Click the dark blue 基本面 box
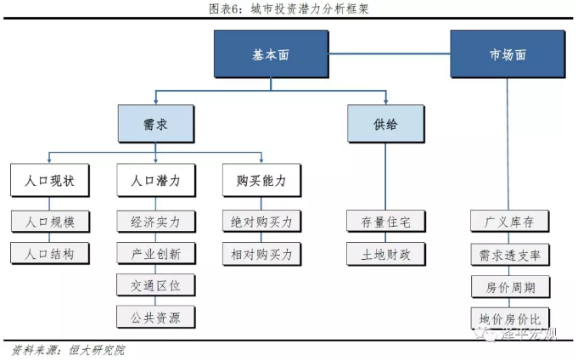pyautogui.click(x=270, y=53)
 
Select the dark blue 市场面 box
pyautogui.click(x=508, y=53)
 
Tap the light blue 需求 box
pyautogui.click(x=154, y=124)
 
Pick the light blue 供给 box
pyautogui.click(x=385, y=124)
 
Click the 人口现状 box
pyautogui.click(x=50, y=181)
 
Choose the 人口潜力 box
pyautogui.click(x=154, y=181)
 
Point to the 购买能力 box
pyautogui.click(x=261, y=181)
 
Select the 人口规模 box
pyautogui.click(x=50, y=222)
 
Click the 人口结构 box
pyautogui.click(x=50, y=253)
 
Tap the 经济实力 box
pyautogui.click(x=154, y=222)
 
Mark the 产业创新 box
pyautogui.click(x=154, y=253)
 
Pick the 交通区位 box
pyautogui.click(x=154, y=284)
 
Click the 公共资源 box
pyautogui.click(x=154, y=317)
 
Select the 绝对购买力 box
pyautogui.click(x=261, y=222)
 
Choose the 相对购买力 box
pyautogui.click(x=261, y=253)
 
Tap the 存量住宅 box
pyautogui.click(x=385, y=222)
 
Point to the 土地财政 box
pyautogui.click(x=385, y=253)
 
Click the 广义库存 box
pyautogui.click(x=508, y=222)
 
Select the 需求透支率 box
pyautogui.click(x=508, y=254)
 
